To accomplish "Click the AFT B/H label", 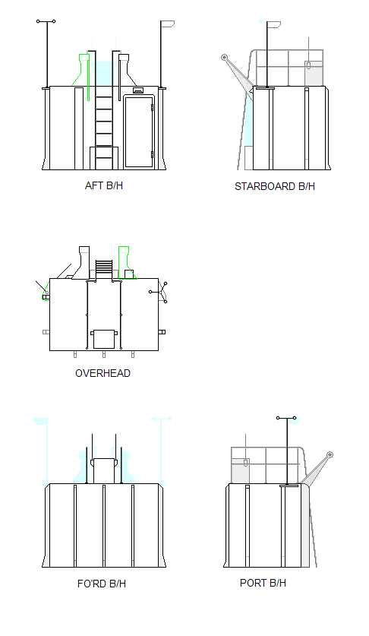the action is click(104, 185).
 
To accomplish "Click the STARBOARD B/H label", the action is click(275, 187).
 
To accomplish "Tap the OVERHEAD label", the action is click(102, 373).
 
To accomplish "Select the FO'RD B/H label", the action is click(102, 584).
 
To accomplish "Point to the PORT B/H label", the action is click(263, 583).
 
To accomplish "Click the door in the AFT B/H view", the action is click(139, 131).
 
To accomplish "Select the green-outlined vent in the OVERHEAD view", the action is click(124, 262).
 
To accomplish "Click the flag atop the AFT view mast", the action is click(168, 24).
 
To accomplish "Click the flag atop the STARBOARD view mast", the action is click(274, 25).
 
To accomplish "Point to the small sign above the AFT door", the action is click(138, 90).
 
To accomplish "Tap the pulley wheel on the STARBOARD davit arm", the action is click(224, 57).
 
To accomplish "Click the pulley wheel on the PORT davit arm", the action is click(330, 454).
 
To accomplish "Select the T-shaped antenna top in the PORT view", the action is click(286, 418).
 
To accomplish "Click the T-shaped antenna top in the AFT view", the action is click(46, 21).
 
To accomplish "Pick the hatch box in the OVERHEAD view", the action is click(104, 339).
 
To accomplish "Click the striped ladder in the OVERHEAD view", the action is click(104, 268).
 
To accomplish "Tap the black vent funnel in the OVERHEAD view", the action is click(82, 262).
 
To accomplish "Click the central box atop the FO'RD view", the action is click(104, 470).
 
